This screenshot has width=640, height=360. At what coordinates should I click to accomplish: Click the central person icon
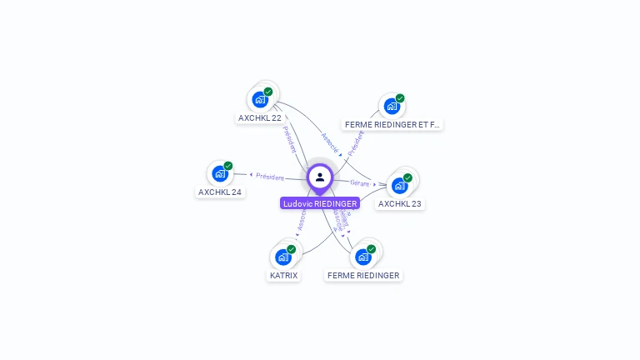(320, 177)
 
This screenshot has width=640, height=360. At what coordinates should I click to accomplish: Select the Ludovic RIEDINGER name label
(320, 203)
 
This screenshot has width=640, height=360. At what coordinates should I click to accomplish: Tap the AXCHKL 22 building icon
(260, 100)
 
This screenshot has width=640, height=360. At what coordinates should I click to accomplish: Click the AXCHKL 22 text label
(260, 118)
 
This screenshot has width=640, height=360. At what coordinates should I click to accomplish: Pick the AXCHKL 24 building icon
(220, 173)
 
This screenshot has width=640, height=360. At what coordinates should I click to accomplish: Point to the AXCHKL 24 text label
(220, 192)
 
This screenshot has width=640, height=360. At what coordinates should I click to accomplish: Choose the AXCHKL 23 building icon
(399, 185)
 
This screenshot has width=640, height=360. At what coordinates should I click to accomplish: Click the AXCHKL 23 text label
(400, 203)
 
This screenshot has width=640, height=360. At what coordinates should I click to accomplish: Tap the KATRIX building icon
(283, 257)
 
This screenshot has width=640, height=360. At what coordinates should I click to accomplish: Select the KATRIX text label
(283, 275)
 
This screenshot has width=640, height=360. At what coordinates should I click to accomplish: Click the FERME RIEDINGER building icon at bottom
(362, 257)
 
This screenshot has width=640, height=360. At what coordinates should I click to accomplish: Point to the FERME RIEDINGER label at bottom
(363, 275)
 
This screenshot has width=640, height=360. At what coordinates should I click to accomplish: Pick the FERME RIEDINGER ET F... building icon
(391, 106)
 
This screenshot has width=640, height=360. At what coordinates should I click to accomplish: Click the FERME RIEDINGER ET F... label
(392, 124)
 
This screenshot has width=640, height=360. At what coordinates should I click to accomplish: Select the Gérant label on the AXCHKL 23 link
(359, 182)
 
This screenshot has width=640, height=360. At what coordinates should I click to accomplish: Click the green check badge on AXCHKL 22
(268, 92)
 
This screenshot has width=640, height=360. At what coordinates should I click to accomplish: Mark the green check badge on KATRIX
(292, 249)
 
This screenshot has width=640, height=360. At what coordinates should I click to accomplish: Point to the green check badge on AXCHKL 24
(228, 166)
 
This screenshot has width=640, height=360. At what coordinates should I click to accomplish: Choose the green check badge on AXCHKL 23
(407, 177)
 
